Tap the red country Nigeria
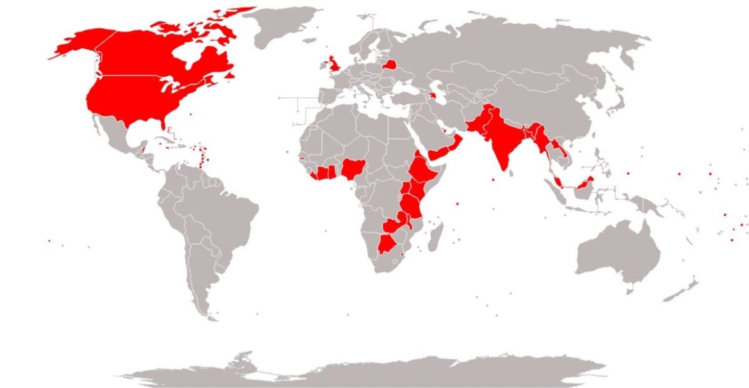click(x=353, y=169)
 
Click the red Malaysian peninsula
click(x=557, y=182)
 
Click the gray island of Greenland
click(x=282, y=26)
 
